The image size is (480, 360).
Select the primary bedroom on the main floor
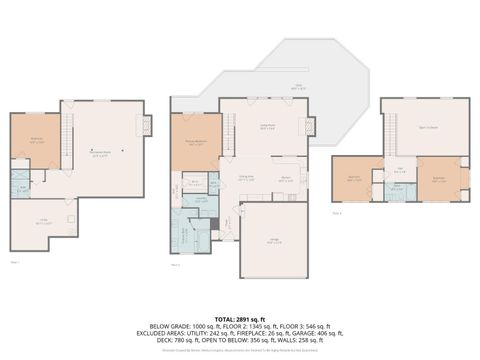(194, 144)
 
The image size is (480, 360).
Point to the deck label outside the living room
(296, 86)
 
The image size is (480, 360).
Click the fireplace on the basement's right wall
(146, 126)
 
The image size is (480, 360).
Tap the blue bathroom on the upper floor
(396, 187)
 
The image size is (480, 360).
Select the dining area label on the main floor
(244, 176)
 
